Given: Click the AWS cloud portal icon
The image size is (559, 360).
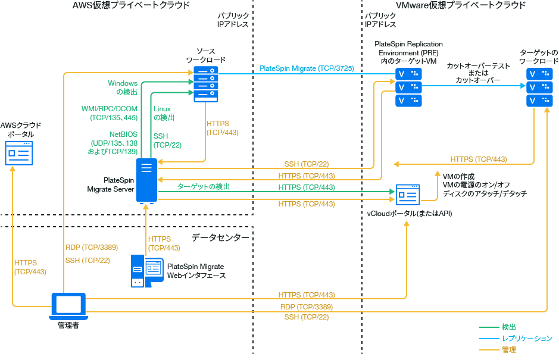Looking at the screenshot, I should [19, 154].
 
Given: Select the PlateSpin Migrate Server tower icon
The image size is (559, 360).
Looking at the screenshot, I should [146, 180].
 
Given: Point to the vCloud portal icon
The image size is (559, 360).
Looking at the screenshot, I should [408, 195].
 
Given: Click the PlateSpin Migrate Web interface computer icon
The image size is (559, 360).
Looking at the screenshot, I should [146, 271].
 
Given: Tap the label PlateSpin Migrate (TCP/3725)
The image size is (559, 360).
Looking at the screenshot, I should [307, 68].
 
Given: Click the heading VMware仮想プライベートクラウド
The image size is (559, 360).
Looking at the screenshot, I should [461, 5].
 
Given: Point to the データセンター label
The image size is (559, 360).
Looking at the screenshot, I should [220, 237].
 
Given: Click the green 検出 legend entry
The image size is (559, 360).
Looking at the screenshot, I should [508, 327].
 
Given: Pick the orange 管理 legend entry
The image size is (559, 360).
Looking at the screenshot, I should [508, 350].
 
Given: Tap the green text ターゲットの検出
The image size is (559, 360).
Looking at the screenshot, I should [204, 187].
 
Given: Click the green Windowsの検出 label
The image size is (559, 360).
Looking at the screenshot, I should [123, 87].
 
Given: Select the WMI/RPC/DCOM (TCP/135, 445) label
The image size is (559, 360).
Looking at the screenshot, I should [110, 113].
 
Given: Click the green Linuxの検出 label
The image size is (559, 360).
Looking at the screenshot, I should [163, 113].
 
